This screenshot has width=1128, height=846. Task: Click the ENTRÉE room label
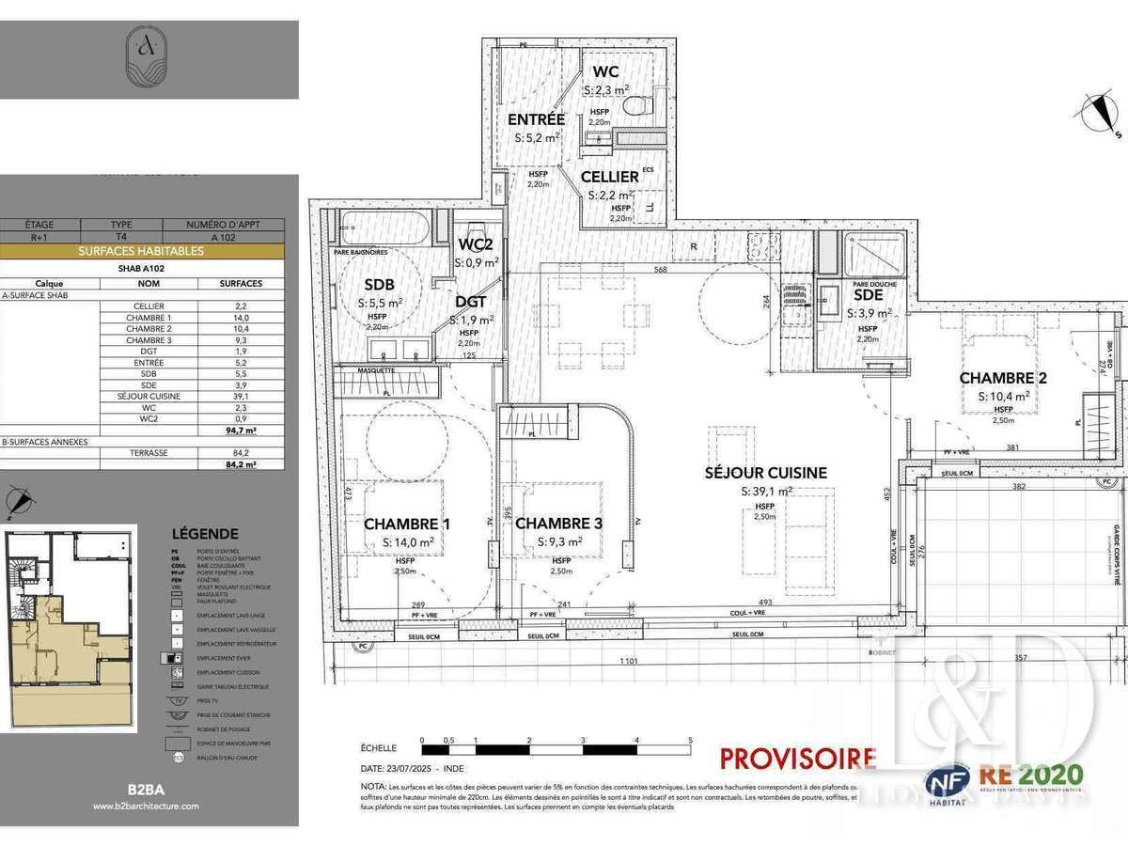pos(536,119)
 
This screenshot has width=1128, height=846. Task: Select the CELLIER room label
pos(609,176)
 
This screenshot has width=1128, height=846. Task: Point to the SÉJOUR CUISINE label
pos(766,473)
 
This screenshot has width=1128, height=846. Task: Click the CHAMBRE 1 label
pos(407,524)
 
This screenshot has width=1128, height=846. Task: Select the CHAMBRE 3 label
pos(559,524)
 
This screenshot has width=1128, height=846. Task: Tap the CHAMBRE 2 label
pos(1003,378)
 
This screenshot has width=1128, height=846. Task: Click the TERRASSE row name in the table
pos(149,452)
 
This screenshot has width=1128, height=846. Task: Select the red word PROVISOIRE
pos(797,758)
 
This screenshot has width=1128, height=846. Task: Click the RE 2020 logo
pos(1031,776)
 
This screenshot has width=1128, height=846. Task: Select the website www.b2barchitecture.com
pos(146,806)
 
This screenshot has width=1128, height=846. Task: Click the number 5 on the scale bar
pos(691,741)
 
